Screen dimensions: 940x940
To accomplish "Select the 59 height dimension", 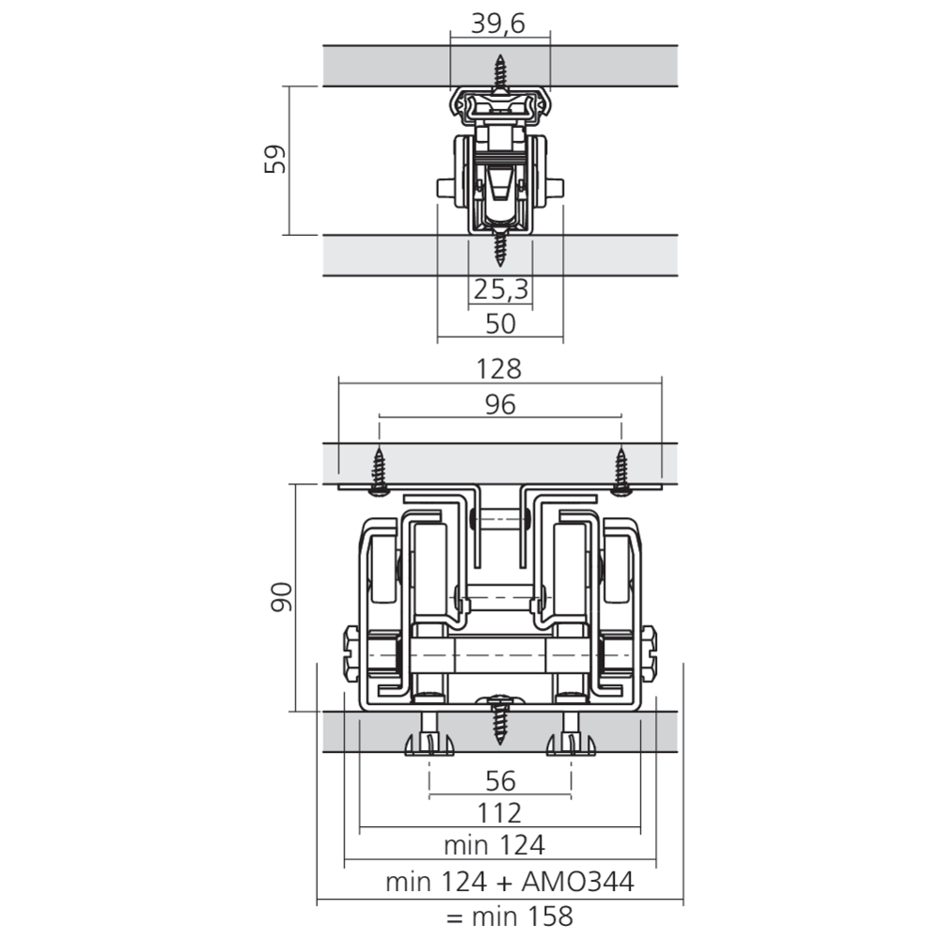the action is coord(275,159).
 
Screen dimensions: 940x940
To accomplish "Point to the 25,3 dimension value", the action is coord(501,290).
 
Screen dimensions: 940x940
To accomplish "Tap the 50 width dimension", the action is coord(500,323).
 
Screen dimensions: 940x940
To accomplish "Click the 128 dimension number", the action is coord(499,369).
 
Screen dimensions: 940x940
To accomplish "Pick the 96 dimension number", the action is coord(500,404).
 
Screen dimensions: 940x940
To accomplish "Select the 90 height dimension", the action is coord(282,597).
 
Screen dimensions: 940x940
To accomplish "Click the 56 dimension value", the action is coord(500,781).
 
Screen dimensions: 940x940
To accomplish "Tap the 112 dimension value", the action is coord(499,813).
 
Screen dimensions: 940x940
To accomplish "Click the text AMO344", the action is coord(577,882).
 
